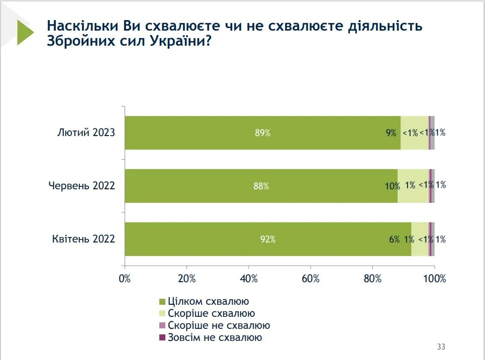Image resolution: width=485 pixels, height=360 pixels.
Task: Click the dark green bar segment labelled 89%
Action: (262, 133)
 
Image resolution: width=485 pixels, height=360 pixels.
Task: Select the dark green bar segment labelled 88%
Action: (261, 186)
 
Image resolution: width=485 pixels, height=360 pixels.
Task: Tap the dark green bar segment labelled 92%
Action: (268, 239)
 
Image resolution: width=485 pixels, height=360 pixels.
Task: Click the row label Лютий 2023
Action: (86, 133)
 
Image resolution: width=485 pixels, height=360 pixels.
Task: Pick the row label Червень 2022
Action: (82, 186)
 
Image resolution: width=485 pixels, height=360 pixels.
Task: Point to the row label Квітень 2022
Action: (83, 239)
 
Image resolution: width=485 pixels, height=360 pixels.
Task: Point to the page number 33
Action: (441, 347)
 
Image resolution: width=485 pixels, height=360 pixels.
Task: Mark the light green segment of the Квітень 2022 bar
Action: (420, 239)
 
